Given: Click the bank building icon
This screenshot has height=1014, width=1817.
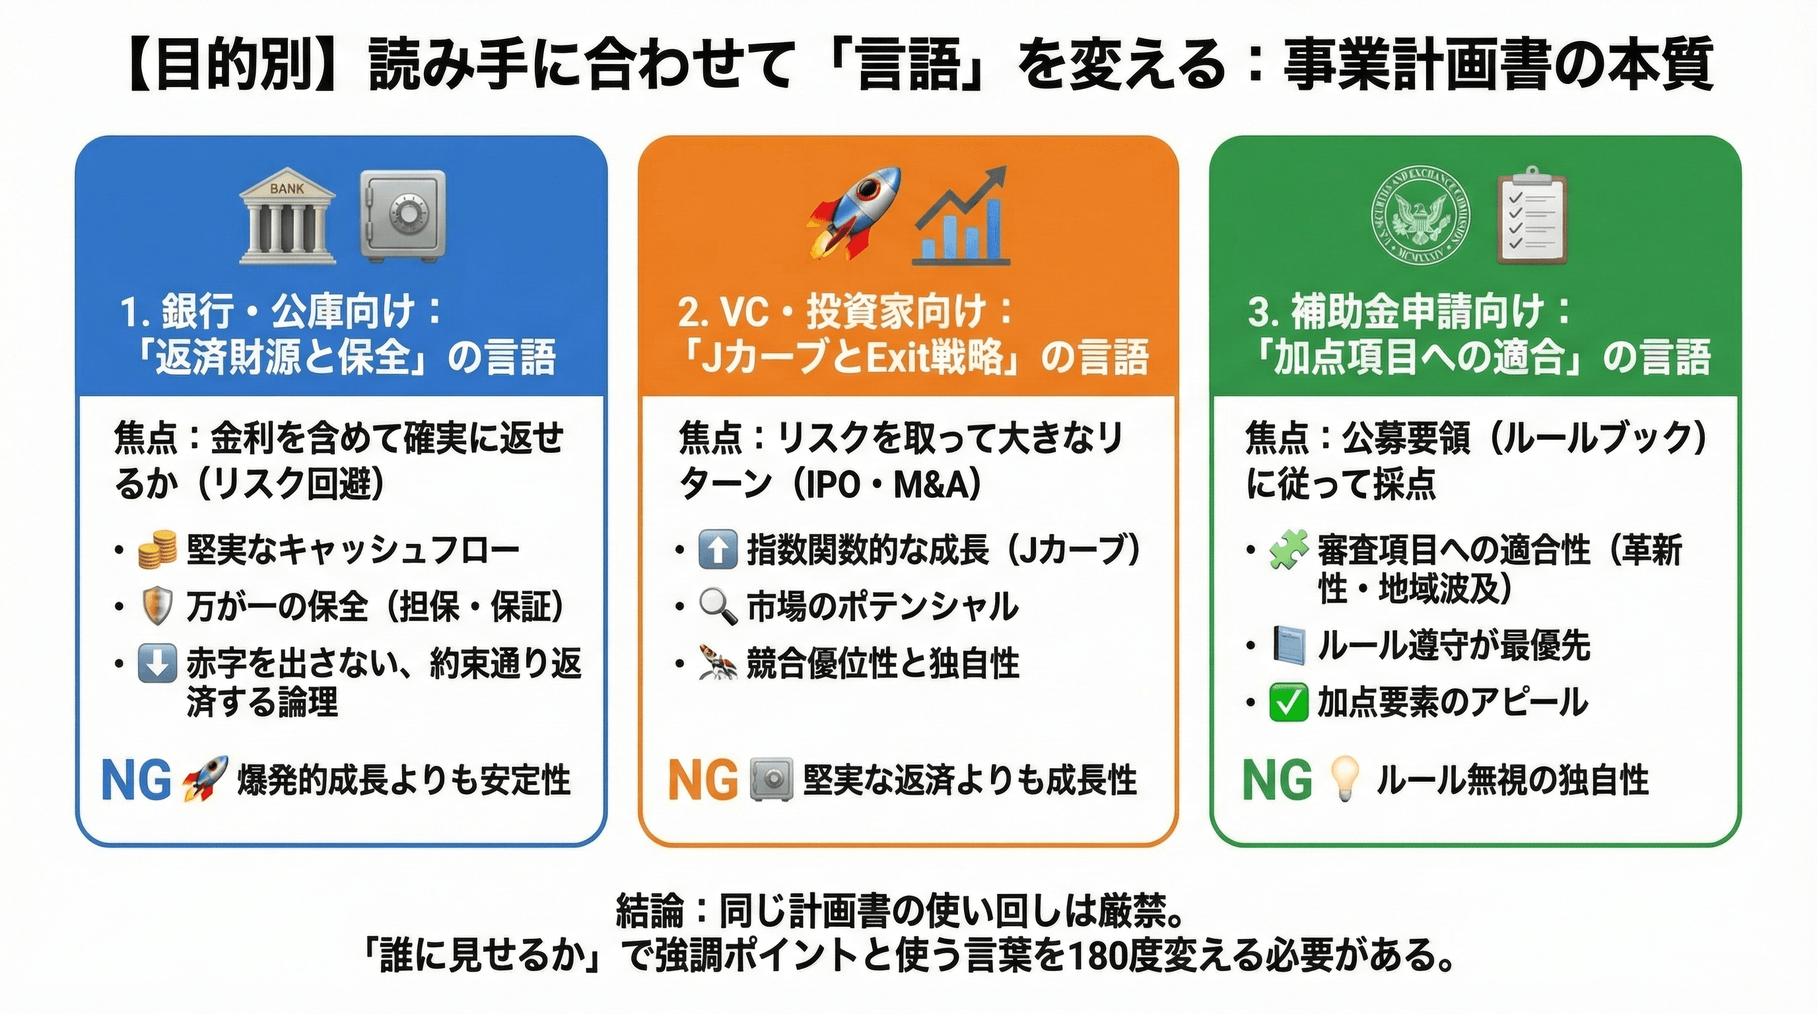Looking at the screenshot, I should (x=287, y=217).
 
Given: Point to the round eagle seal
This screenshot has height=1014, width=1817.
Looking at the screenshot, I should (x=1421, y=217).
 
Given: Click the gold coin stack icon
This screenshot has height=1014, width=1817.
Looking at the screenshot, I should (x=157, y=550).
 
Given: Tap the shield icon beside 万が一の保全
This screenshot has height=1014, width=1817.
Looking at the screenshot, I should (x=156, y=607).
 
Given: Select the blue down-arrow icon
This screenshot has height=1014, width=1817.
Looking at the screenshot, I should (x=156, y=663).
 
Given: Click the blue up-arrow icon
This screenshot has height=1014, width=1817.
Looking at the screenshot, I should (x=717, y=550).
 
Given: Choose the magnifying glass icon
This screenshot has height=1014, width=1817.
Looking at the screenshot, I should (x=717, y=607).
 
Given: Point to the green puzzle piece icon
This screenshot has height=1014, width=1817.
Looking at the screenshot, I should (x=1288, y=550).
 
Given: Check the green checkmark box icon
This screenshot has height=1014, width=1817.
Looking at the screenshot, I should (x=1288, y=702).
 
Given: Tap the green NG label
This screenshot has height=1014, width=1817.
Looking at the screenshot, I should (x=1277, y=780).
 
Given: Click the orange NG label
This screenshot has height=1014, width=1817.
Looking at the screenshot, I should (x=703, y=780).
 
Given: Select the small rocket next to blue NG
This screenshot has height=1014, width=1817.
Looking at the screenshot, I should (x=205, y=778).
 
